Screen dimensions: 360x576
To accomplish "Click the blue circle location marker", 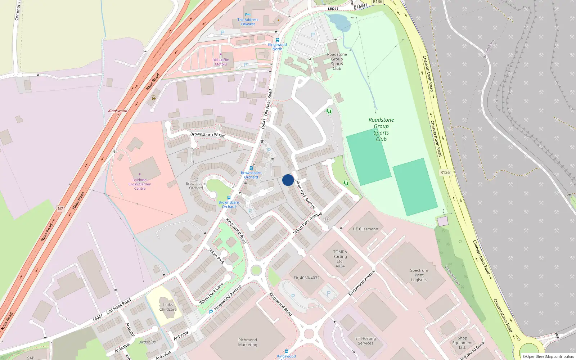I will (x=288, y=180).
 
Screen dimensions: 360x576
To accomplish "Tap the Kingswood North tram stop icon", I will (x=277, y=40).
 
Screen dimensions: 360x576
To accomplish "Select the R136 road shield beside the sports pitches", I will (x=445, y=172).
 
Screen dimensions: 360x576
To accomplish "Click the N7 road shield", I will (x=60, y=209).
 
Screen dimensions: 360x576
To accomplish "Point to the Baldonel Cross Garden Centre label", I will (x=140, y=184).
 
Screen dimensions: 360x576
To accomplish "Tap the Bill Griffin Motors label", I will (x=221, y=62).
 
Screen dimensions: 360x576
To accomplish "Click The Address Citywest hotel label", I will (x=248, y=22).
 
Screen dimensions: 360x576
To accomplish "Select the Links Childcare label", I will (x=168, y=307).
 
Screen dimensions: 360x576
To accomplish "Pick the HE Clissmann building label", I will (x=365, y=229).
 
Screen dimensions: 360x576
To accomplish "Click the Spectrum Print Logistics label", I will (x=419, y=275).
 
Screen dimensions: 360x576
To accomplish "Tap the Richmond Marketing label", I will (x=248, y=342).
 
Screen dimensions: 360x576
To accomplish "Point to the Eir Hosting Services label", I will (x=365, y=341).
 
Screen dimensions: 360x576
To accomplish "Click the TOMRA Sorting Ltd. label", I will (x=340, y=259).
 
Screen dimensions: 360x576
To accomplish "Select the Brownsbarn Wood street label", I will (x=207, y=135).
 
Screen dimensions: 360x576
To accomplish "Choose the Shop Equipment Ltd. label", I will (x=462, y=343).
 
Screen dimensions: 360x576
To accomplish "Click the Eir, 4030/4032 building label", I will (x=306, y=278).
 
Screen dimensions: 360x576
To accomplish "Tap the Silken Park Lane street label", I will (x=211, y=293).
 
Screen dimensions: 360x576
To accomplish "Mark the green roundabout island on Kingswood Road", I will (x=256, y=270).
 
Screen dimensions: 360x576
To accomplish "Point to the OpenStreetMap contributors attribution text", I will (x=548, y=356).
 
